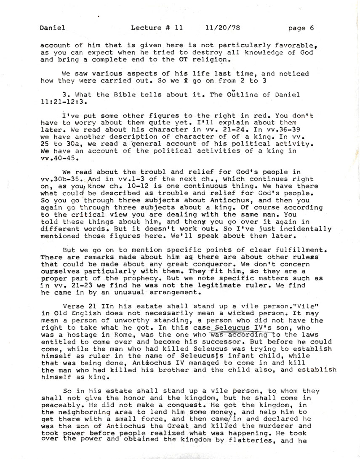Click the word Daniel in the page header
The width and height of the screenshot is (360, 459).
pyautogui.click(x=53, y=29)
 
